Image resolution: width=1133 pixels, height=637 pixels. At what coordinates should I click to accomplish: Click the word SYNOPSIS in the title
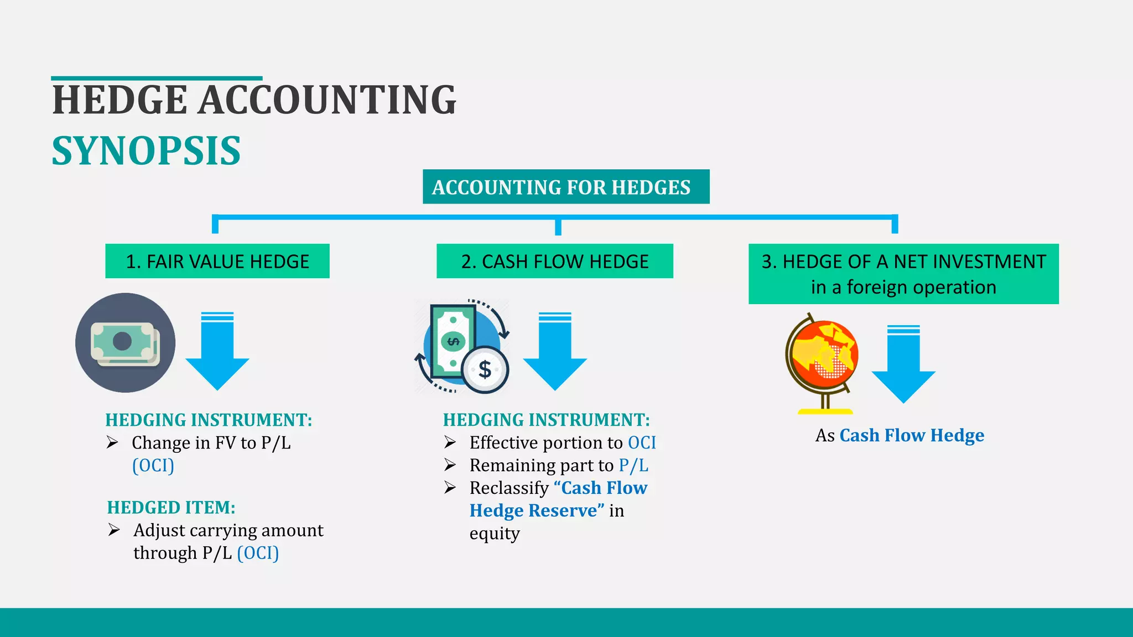coord(146,151)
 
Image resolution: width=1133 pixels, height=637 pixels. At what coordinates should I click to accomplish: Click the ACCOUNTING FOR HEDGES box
coord(565,187)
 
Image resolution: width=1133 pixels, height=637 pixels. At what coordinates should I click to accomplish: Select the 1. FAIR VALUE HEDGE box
coord(217,261)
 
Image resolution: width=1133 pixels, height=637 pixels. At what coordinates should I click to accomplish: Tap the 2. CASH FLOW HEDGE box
coord(554,261)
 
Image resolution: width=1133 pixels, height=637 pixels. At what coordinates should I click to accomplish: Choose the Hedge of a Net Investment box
coord(903,274)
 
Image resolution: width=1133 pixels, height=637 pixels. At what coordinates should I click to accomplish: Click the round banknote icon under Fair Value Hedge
coord(126,343)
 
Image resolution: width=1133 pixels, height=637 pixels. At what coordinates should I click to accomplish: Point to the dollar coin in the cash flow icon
coord(485,369)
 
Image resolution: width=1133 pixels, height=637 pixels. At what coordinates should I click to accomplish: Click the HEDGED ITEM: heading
coord(171,508)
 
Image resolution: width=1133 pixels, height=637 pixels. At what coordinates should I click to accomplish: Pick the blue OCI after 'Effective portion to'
coord(642,443)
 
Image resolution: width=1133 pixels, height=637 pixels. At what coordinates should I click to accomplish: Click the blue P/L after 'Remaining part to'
coord(633,466)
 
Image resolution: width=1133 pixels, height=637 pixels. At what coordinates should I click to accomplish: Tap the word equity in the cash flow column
coord(495,534)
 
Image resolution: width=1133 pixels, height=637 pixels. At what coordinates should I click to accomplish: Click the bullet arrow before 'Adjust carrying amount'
coord(114,530)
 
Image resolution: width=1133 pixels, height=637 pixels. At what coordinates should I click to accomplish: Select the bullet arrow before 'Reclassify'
coord(450,488)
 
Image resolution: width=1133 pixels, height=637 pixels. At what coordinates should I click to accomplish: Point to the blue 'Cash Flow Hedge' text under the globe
coord(912,435)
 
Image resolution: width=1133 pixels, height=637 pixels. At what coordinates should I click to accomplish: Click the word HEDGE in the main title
coord(119,100)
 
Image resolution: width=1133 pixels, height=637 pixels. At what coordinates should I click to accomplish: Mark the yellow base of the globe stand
coord(825,411)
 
